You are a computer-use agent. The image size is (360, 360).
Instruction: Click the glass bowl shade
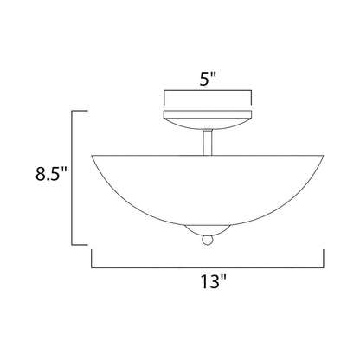208,186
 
